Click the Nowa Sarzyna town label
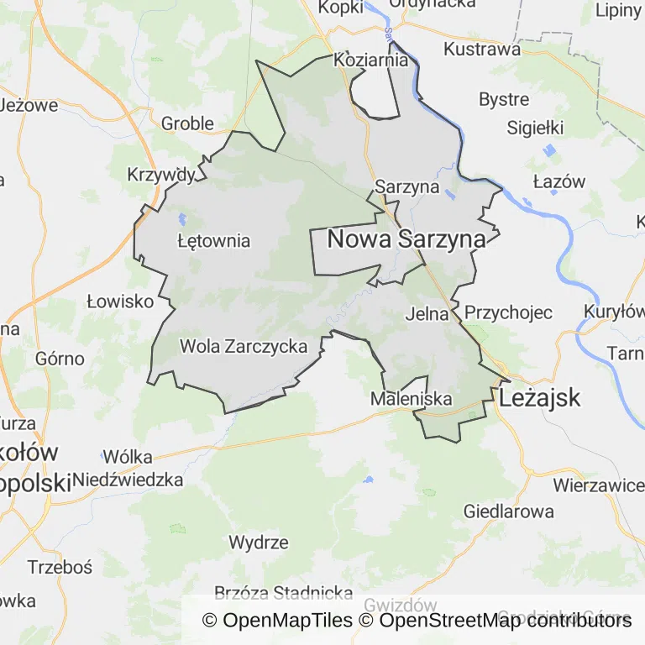pos(406,239)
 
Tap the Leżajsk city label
pos(539,397)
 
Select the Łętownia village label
pos(214,241)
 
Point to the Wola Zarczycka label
pos(244,346)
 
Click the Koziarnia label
pos(371,60)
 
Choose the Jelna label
pos(427,315)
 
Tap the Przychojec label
pos(508,312)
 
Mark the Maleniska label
pos(412,399)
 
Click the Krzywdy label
pos(160,175)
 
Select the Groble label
pos(187,123)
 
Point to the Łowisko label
pos(120,302)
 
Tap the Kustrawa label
pos(482,49)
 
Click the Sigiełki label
pos(535,128)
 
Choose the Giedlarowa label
pos(509,511)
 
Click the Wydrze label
pos(259,542)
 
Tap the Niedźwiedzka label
pos(128,480)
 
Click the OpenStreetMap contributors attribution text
pos(505,621)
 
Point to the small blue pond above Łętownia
pos(182,221)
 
